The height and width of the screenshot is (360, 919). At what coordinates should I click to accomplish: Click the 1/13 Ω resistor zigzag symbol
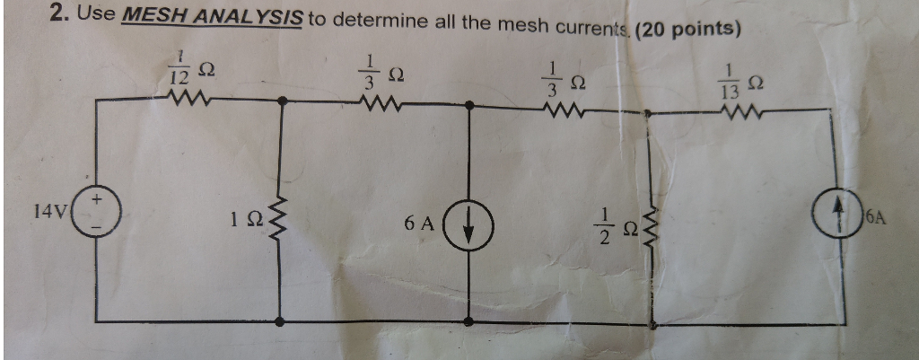(x=742, y=111)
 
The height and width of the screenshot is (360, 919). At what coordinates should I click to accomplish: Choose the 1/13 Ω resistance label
(x=744, y=83)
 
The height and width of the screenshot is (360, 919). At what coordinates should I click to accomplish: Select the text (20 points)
(x=686, y=28)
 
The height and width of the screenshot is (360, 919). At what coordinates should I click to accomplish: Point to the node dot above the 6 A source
(x=467, y=106)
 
